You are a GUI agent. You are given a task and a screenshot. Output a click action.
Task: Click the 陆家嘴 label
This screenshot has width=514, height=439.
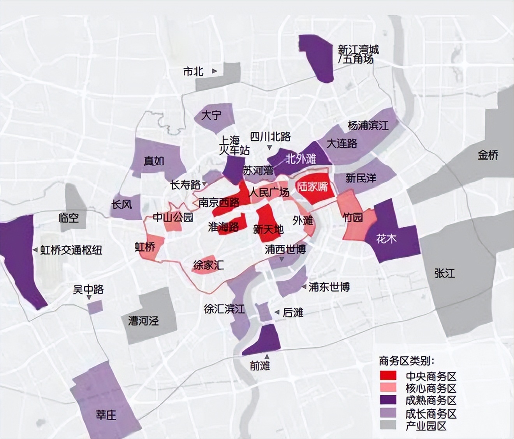click(313, 187)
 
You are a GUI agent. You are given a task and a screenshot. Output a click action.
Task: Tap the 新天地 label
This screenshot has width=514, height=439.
click(268, 229)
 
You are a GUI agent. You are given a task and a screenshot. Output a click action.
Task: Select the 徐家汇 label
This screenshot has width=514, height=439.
click(208, 266)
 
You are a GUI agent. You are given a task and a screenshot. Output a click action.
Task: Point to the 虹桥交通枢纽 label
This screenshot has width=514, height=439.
click(71, 250)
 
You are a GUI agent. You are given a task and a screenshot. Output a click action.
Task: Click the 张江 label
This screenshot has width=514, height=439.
click(445, 273)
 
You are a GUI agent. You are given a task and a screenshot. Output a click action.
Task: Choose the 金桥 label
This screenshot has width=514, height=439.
click(488, 155)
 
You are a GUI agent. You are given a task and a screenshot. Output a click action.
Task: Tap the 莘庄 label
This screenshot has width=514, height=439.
click(106, 414)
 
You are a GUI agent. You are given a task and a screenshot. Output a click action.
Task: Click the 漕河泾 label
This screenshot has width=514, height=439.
click(144, 321)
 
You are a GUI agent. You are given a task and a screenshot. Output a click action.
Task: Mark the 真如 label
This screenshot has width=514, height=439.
click(154, 161)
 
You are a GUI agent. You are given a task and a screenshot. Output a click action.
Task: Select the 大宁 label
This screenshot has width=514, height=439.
click(211, 115)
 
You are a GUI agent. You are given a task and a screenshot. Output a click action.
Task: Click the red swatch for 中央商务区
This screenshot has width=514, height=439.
click(388, 375)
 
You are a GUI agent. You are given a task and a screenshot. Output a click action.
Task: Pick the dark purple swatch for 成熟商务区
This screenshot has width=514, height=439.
click(388, 400)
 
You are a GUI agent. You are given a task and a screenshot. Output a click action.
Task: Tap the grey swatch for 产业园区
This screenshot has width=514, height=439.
click(388, 425)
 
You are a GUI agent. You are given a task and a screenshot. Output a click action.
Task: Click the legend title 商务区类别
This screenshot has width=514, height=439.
click(407, 361)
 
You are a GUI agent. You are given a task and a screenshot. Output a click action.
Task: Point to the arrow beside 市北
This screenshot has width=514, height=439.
click(215, 71)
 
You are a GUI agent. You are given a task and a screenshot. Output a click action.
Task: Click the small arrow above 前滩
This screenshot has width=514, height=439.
click(267, 357)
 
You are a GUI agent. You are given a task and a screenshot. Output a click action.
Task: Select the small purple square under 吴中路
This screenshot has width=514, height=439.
click(95, 307)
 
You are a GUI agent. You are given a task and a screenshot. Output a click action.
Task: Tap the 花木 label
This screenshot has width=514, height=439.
click(386, 239)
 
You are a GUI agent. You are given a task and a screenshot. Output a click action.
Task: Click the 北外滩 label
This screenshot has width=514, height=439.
click(301, 159)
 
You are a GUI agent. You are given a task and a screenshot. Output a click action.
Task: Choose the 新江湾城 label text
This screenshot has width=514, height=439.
click(358, 50)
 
